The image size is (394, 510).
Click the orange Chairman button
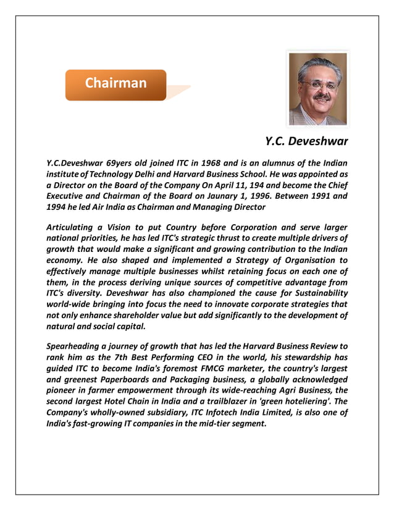(115, 84)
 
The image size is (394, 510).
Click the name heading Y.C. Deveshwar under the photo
(306, 141)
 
